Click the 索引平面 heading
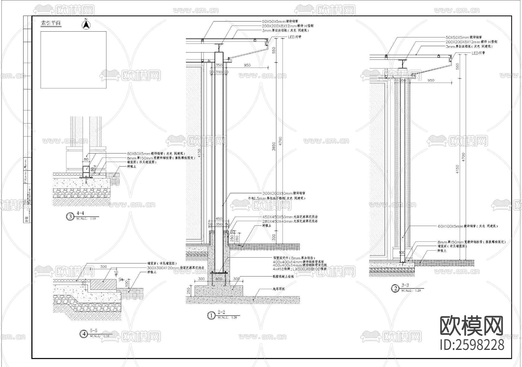51,23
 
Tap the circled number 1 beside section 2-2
211,315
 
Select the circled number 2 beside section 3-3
395,288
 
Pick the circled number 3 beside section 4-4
70,216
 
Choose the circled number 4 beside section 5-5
84,334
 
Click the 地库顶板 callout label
278,289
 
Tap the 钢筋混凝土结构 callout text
283,277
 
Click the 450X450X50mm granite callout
290,217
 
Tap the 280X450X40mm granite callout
290,221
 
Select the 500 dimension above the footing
219,279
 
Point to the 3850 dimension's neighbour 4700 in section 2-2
280,141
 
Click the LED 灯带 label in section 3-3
478,53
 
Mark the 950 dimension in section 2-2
247,65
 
